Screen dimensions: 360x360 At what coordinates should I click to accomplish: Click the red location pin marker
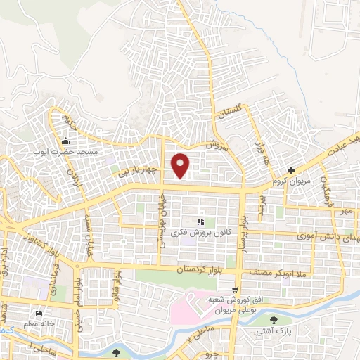click(x=181, y=165)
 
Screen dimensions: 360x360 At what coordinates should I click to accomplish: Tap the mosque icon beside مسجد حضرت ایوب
click(x=67, y=141)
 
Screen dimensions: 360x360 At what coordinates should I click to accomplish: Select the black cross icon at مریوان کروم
click(x=292, y=170)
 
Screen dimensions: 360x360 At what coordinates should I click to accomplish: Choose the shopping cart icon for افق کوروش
click(x=235, y=288)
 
